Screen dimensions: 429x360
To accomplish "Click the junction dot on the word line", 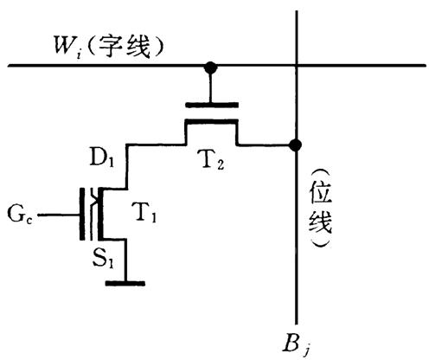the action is (x=210, y=67).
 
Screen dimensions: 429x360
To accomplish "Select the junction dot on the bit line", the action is (x=296, y=145).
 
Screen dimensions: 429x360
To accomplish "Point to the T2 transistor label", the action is (x=212, y=160).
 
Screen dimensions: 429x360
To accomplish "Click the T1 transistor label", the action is (x=144, y=213).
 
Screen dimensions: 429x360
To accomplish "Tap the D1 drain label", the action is (x=101, y=157).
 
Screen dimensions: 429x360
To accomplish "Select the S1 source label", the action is (x=103, y=260).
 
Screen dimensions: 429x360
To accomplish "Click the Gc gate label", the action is (x=20, y=214).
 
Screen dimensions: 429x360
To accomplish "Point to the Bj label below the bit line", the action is (x=297, y=344).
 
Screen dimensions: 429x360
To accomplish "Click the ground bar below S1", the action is (x=125, y=284).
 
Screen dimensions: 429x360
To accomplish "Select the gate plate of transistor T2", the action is (x=212, y=105).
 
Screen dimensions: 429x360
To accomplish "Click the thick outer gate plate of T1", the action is (x=82, y=214).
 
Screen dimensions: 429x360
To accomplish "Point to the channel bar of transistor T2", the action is (x=212, y=121).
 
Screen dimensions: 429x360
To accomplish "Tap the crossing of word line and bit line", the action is (x=297, y=66).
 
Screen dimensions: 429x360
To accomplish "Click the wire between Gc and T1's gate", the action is (x=59, y=215).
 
